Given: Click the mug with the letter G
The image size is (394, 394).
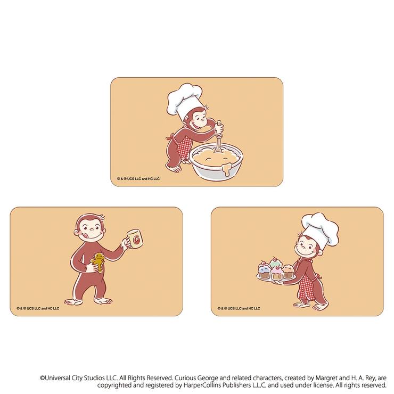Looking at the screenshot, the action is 135,238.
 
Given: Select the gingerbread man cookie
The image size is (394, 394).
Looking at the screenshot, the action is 98,262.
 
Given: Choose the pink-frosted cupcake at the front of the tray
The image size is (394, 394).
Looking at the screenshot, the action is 276,273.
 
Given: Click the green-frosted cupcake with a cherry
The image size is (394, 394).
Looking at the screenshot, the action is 276,262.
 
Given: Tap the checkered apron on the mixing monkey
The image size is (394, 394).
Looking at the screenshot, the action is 183,147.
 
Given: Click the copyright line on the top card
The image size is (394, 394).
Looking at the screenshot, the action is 138,179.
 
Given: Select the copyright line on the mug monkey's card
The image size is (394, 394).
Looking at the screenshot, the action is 38,308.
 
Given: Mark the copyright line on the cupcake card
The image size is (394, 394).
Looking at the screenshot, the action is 239,308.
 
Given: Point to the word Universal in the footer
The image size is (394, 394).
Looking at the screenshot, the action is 58,378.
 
